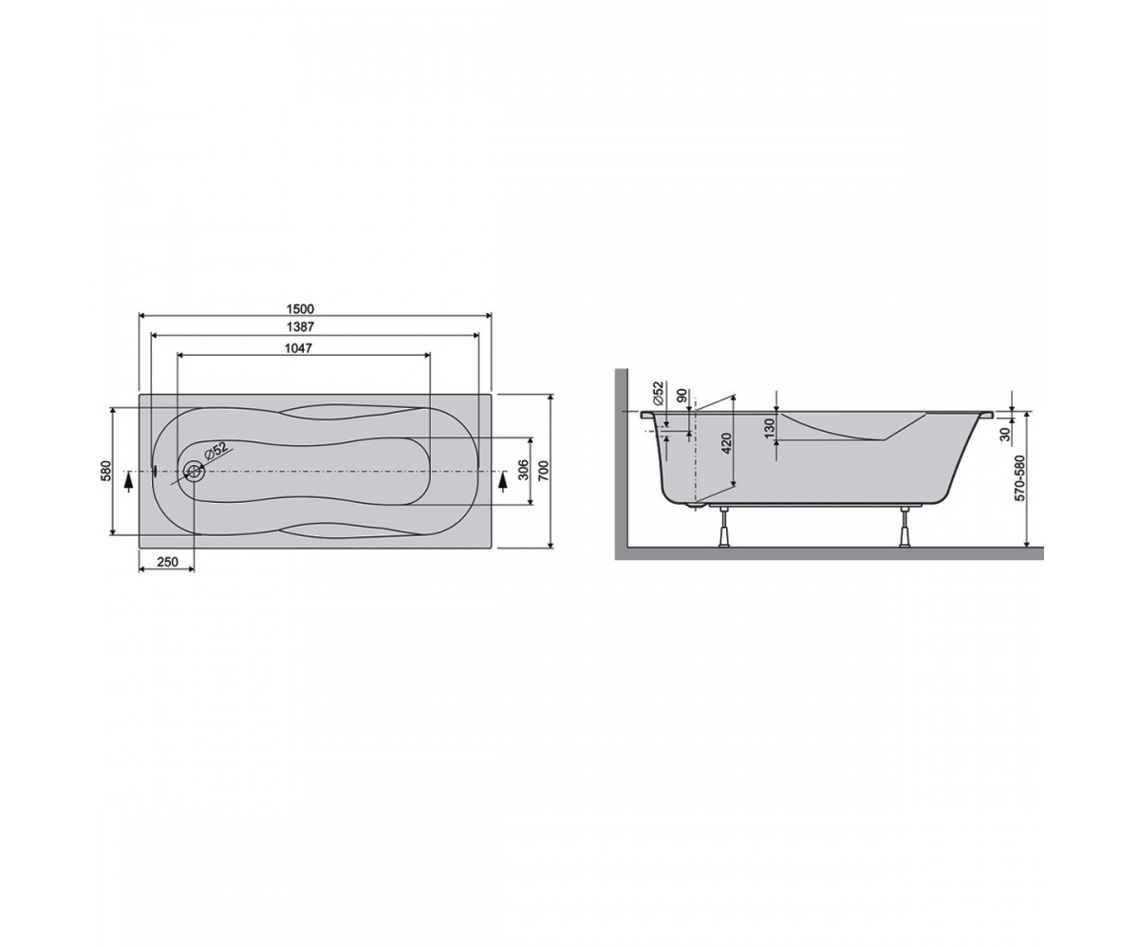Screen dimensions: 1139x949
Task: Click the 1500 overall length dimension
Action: [x=300, y=308]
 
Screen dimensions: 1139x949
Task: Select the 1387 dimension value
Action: [x=300, y=326]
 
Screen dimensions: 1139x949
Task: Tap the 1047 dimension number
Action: [x=298, y=348]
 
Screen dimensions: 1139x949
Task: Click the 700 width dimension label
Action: [x=544, y=471]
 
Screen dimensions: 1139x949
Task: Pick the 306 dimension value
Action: [x=523, y=470]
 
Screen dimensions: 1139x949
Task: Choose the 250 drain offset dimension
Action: [x=167, y=561]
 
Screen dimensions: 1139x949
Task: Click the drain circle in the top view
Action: [x=194, y=471]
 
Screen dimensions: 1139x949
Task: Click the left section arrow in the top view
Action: [x=128, y=482]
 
